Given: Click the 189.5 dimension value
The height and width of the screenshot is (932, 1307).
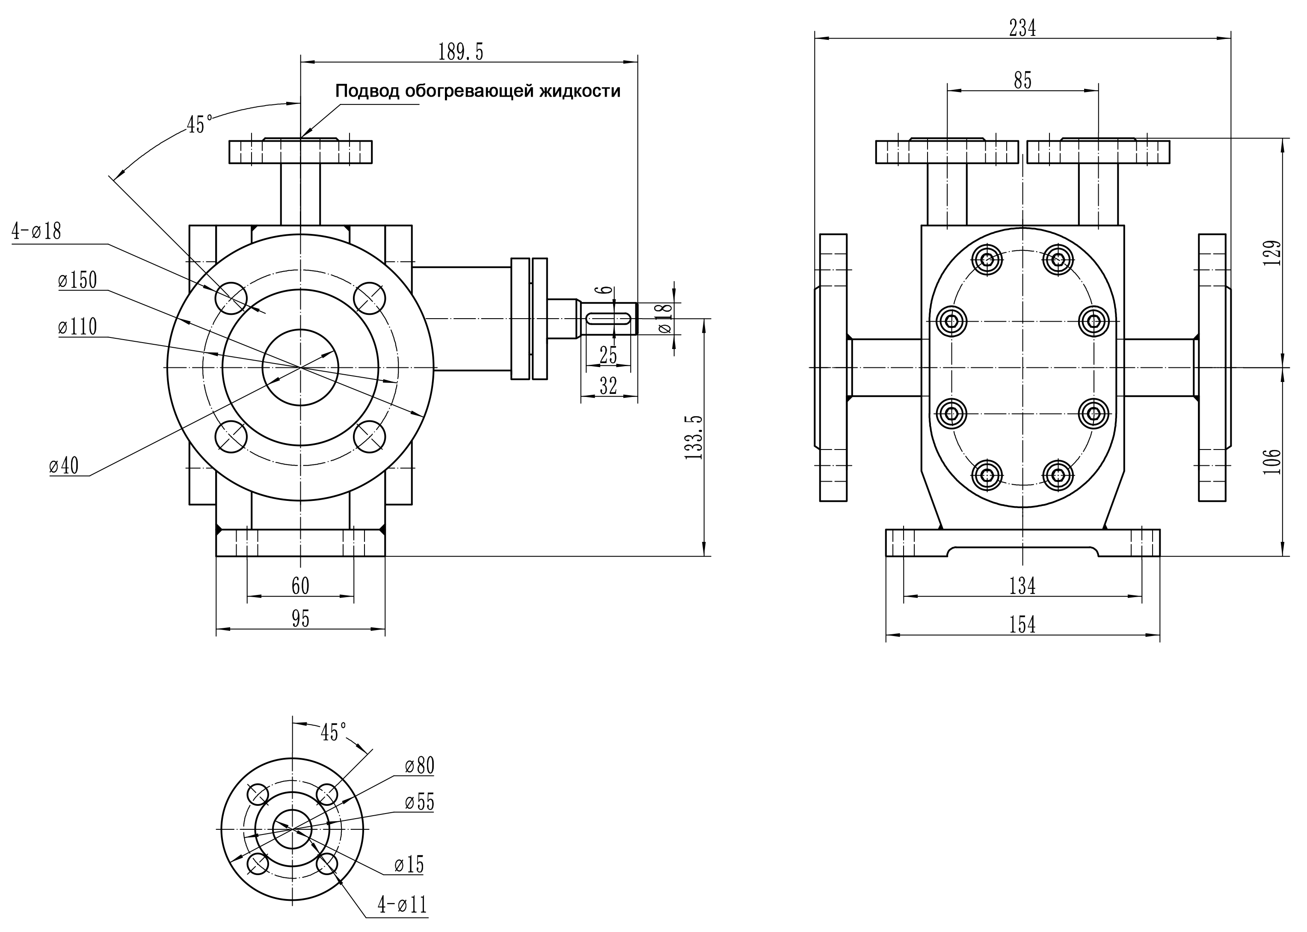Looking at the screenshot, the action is (x=460, y=52).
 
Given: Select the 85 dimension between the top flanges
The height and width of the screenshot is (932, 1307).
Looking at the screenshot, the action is (x=1023, y=80).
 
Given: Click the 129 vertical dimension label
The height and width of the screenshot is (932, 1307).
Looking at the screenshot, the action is (x=1272, y=252).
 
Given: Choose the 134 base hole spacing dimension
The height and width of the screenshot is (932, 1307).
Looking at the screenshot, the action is (x=1022, y=586).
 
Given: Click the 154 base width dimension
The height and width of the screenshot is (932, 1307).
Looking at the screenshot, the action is (x=1022, y=624).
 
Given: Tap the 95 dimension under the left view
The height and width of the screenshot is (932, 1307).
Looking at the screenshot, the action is (x=300, y=618).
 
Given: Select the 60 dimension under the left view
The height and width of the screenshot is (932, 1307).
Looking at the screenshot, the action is (x=300, y=586).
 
